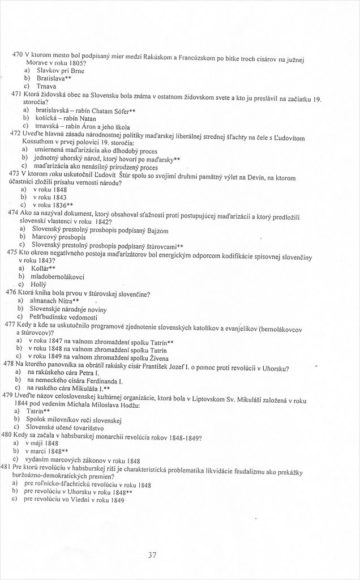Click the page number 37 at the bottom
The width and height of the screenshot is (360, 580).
click(x=152, y=555)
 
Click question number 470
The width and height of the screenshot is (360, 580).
click(x=17, y=54)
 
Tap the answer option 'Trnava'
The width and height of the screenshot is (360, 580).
click(x=47, y=87)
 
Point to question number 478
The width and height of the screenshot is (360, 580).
click(x=8, y=362)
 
